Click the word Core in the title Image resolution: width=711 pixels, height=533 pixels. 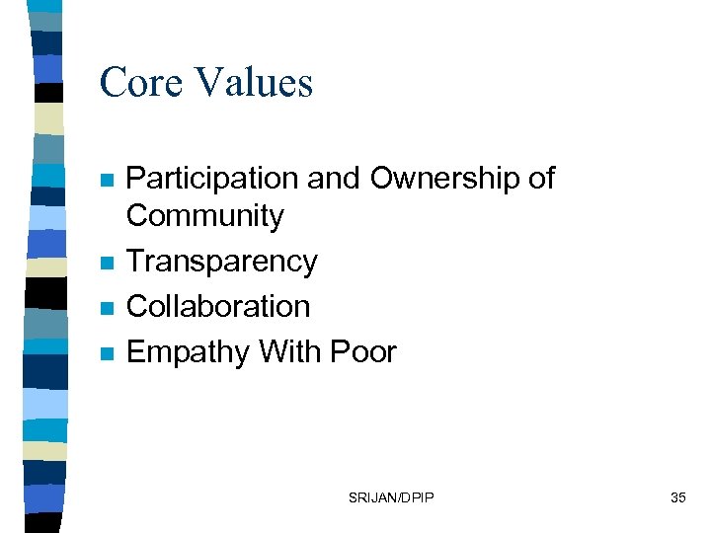tap(142, 82)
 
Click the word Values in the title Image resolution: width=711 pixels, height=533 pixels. tap(255, 82)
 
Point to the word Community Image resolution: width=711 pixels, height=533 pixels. tap(205, 216)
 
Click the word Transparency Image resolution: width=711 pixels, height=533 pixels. tap(222, 263)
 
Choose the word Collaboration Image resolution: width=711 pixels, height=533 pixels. tap(218, 307)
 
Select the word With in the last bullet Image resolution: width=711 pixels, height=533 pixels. tap(291, 352)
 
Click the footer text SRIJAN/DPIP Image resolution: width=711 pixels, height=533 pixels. tap(390, 497)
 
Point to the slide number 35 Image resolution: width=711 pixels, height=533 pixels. tap(677, 497)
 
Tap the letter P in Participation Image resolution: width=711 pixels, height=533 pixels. tap(136, 179)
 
